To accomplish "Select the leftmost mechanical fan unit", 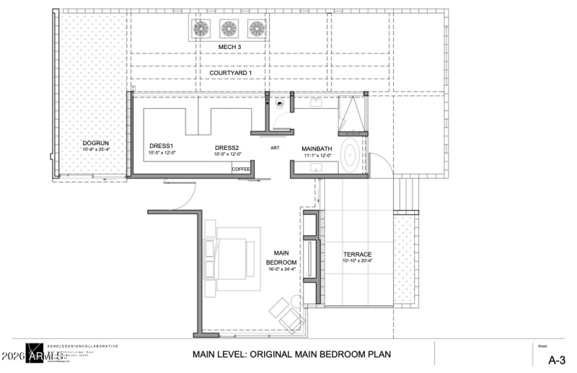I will coord(201,28).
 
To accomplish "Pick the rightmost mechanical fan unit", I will coord(257,28).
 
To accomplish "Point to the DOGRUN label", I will coord(95,144).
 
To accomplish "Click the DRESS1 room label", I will coord(162,146).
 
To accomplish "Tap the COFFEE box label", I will coord(241,169).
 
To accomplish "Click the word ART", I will coord(275,148).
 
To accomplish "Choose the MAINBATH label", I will coord(316,149).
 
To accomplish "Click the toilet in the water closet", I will coord(280,105).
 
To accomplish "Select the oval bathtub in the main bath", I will coord(350,155).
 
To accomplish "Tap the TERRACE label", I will coord(357,255).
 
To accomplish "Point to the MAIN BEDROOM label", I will coord(278,257).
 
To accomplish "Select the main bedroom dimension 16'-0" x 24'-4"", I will coord(278,268).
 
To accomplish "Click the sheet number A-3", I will coord(556,359).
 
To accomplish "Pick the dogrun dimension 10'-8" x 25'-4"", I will coord(95,150).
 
